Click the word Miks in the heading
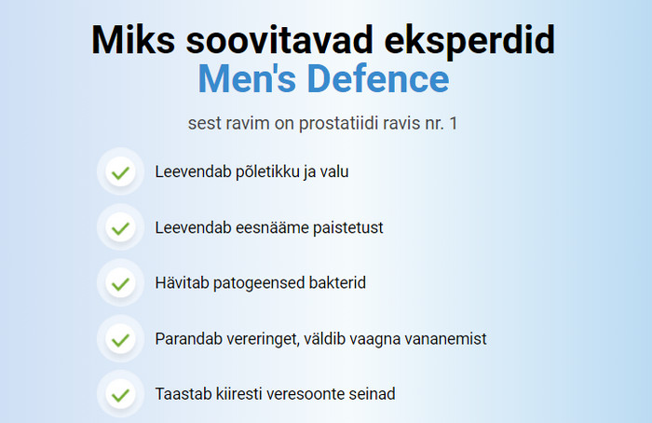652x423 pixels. coord(133,39)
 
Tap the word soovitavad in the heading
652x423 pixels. coord(279,39)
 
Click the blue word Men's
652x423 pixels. coord(247,78)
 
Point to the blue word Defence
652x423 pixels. coord(378,78)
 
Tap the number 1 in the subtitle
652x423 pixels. coord(454,123)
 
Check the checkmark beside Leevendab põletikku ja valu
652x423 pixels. coord(120,171)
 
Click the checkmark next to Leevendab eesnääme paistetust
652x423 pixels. coord(120,228)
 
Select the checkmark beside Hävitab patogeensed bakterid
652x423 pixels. coord(120,283)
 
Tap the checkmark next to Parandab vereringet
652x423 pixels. coord(120,339)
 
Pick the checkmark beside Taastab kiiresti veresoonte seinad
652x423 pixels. coord(120,395)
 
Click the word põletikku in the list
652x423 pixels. coord(267,172)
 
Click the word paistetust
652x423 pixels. coord(348,228)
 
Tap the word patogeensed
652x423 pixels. coord(259,283)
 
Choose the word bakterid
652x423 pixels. coord(337,283)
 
